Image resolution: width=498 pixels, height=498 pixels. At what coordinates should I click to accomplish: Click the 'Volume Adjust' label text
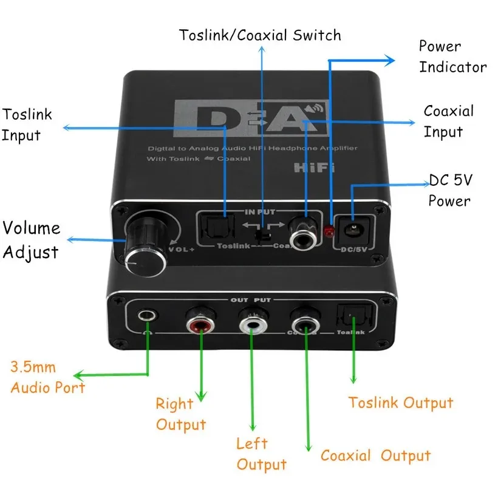[32, 240]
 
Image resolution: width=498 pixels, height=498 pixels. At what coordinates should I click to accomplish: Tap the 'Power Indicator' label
[452, 56]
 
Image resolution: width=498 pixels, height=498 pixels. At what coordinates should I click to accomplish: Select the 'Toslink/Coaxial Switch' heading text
[260, 35]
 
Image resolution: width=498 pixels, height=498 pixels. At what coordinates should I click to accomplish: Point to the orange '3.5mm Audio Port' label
[47, 377]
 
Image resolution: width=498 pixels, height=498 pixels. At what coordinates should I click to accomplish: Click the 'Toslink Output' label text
[400, 403]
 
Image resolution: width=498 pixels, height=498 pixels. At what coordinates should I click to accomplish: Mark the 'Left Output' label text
[261, 454]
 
